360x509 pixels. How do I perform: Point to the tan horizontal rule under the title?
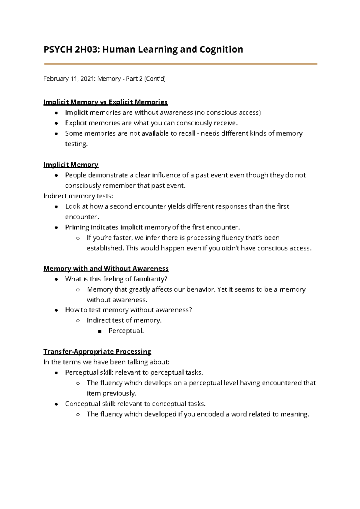click(x=181, y=64)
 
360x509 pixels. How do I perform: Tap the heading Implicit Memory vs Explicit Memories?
click(x=105, y=102)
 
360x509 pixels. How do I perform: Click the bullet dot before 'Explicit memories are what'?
click(x=56, y=123)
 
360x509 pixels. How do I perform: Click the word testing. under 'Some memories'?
click(x=76, y=144)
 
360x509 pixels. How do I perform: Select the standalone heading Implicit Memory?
click(x=71, y=165)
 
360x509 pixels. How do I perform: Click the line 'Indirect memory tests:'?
click(x=78, y=196)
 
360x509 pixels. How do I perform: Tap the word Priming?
click(x=77, y=227)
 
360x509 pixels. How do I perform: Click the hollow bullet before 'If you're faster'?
click(x=78, y=238)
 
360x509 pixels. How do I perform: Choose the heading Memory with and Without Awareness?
click(x=106, y=268)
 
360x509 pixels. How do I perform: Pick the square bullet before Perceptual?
click(x=100, y=331)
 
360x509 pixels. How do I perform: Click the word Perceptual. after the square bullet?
click(x=126, y=331)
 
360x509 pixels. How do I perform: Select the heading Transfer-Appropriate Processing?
click(x=97, y=352)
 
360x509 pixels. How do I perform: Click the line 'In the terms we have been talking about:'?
click(x=106, y=362)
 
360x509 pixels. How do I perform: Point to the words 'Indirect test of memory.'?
click(x=124, y=321)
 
